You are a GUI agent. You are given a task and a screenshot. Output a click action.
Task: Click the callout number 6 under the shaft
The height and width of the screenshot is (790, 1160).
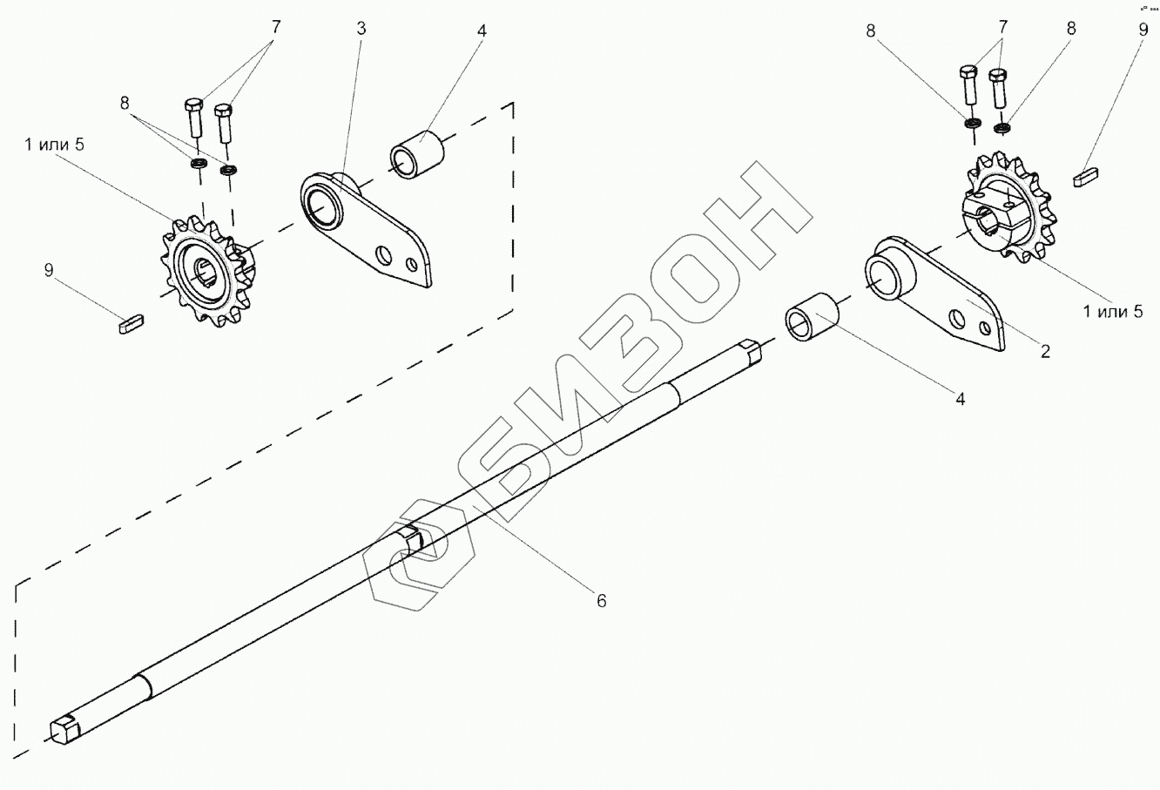[x=601, y=600]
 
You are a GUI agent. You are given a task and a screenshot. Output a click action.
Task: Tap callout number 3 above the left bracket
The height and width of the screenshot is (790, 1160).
[x=361, y=28]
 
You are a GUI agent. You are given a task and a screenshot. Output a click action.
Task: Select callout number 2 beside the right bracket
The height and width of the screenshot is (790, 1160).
[x=1045, y=352]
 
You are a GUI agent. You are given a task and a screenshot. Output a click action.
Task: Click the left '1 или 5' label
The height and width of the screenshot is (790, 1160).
[x=54, y=144]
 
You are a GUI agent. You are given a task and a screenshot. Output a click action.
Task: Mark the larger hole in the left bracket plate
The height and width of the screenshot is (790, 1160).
[x=381, y=255]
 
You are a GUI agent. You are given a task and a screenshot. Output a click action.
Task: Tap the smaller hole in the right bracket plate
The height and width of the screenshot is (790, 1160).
[x=985, y=328]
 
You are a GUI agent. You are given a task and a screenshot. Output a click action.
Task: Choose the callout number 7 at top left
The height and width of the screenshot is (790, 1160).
[x=276, y=26]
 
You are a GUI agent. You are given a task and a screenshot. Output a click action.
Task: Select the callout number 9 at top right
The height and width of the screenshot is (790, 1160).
[x=1143, y=29]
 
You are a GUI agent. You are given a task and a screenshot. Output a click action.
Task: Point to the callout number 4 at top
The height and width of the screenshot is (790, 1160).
[x=482, y=30]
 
